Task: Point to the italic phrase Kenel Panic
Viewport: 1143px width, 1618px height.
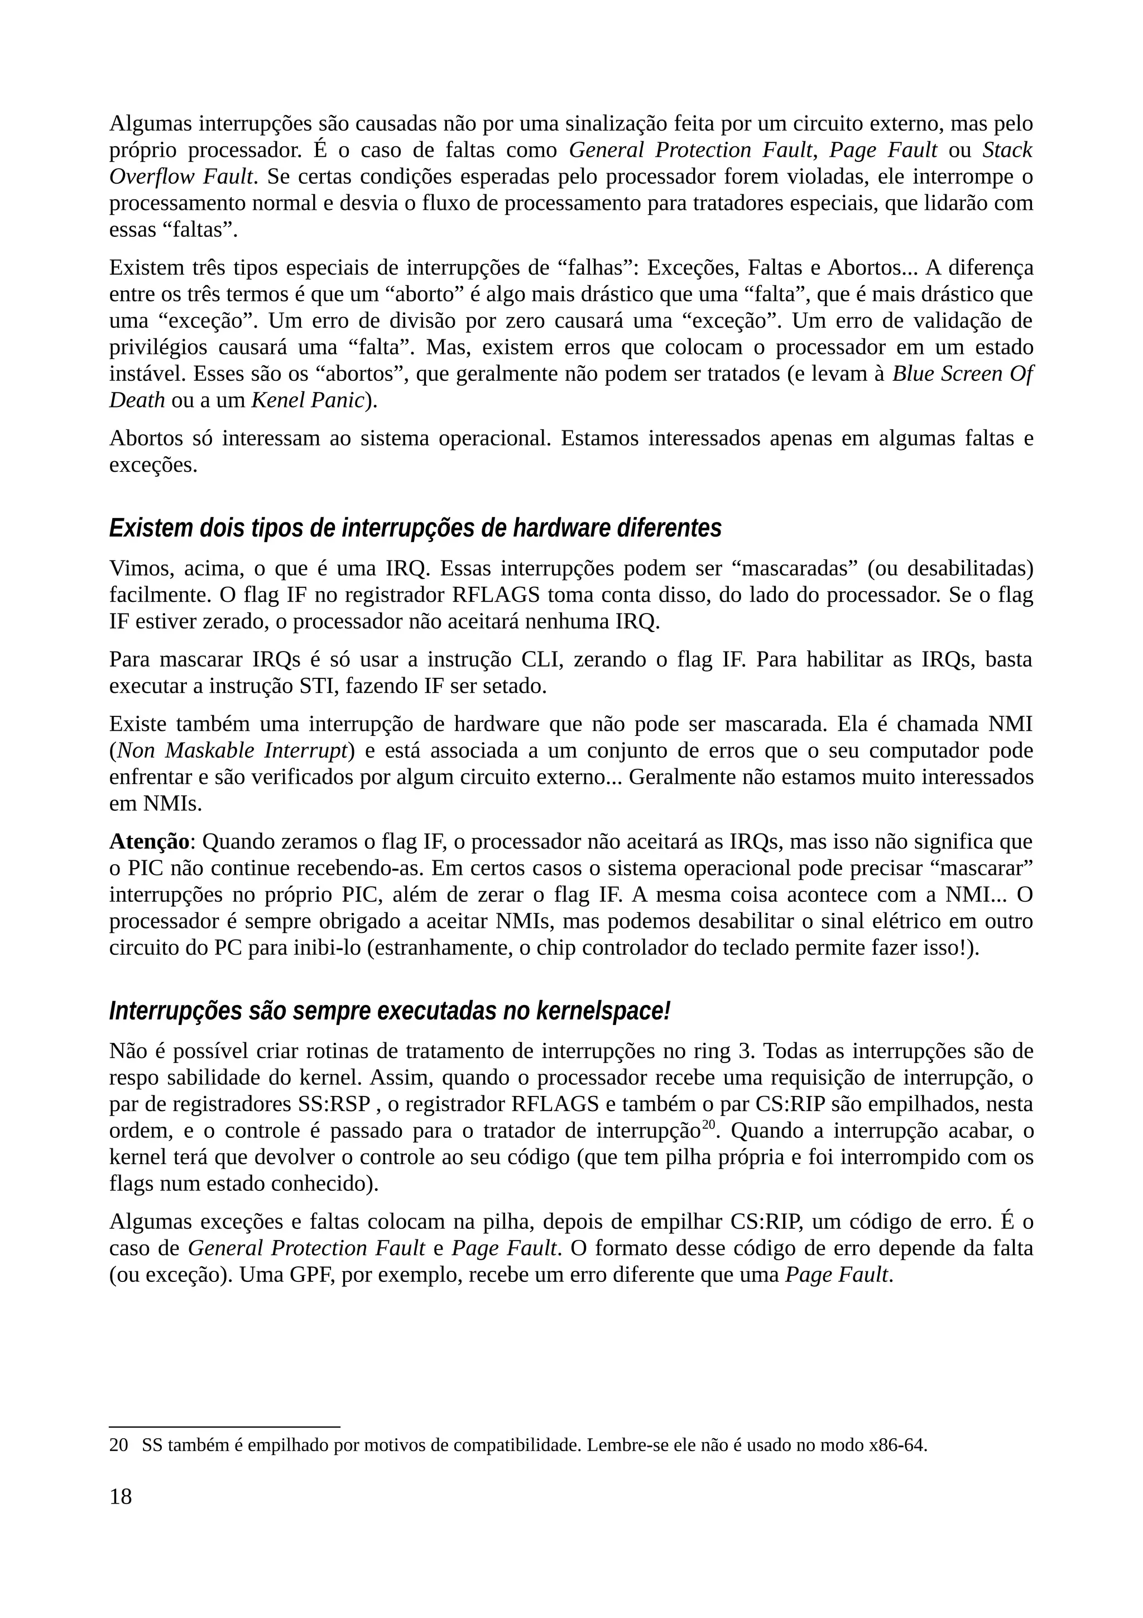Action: pos(308,400)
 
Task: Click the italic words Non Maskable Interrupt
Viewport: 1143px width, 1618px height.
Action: pos(232,750)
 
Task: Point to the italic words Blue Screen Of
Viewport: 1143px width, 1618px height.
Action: pos(962,374)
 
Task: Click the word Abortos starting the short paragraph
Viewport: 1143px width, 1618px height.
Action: pos(146,438)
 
